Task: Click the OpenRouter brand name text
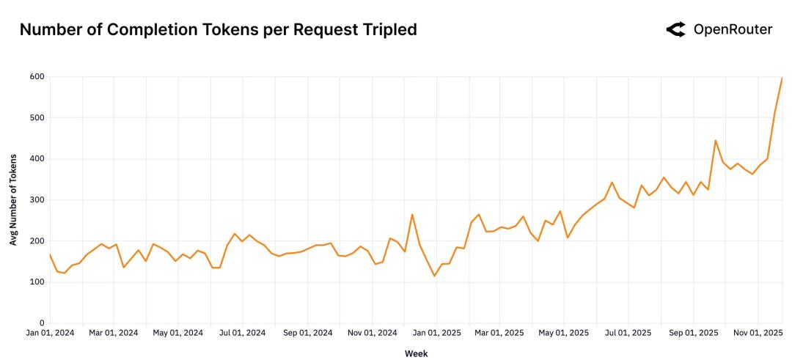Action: click(x=733, y=29)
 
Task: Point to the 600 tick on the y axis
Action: click(x=37, y=76)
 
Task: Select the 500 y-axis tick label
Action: click(x=37, y=117)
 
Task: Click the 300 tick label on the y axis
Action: click(x=37, y=199)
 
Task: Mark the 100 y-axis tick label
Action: click(x=37, y=282)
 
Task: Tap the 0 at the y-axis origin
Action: click(x=42, y=323)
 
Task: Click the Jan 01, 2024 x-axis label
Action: click(x=50, y=333)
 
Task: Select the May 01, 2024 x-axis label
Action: click(x=177, y=333)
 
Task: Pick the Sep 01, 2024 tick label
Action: click(x=308, y=333)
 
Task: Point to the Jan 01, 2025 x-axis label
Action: click(x=436, y=333)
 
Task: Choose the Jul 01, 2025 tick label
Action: click(x=628, y=333)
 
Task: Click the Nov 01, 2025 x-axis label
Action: click(x=757, y=333)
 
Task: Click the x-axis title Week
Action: click(x=416, y=353)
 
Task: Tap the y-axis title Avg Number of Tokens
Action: click(x=13, y=200)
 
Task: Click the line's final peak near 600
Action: click(x=782, y=78)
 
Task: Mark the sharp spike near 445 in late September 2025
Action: click(x=715, y=140)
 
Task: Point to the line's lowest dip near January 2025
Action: click(x=434, y=276)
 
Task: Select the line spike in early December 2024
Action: click(x=412, y=214)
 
